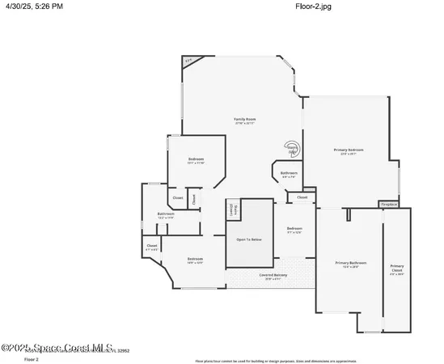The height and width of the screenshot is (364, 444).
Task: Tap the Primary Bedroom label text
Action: (x=349, y=150)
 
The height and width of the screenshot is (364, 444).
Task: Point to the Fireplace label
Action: (x=389, y=205)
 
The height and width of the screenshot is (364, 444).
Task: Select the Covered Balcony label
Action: (x=273, y=275)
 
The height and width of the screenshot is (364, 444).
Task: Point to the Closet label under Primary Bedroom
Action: (x=302, y=197)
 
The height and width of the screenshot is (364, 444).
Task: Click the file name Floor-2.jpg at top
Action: (x=315, y=7)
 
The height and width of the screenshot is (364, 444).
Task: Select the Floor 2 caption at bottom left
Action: (x=32, y=358)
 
